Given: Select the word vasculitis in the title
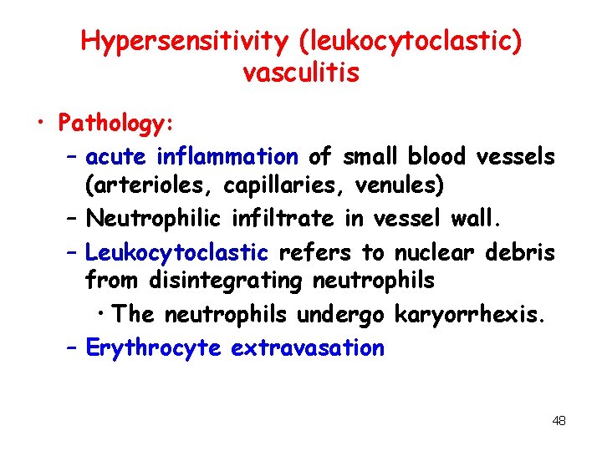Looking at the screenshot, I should click(301, 73).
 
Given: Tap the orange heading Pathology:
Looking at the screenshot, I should click(115, 124).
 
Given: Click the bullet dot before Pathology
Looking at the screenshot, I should click(39, 125).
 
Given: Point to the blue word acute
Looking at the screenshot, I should click(115, 156).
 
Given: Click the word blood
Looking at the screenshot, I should click(438, 156).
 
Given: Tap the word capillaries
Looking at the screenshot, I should click(267, 185).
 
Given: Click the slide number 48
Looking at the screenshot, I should click(559, 421).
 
